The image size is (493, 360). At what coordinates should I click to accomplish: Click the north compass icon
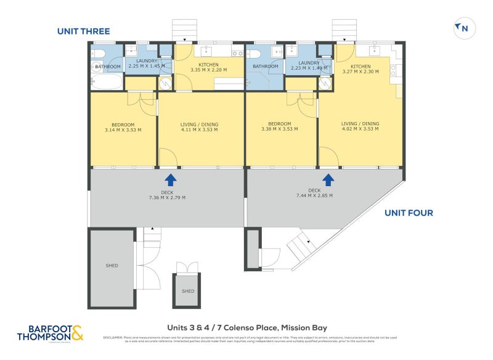(x=462, y=28)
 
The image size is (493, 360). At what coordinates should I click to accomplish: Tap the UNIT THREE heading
(x=83, y=31)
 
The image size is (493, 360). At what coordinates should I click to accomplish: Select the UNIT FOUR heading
(x=409, y=213)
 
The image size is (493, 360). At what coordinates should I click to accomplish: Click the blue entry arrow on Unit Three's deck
(x=170, y=179)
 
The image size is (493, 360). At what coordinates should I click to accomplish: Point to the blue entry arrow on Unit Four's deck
(x=328, y=179)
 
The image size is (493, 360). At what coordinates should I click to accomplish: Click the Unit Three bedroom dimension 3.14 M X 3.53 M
(x=123, y=130)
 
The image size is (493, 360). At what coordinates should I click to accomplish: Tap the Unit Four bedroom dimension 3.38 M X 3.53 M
(x=279, y=129)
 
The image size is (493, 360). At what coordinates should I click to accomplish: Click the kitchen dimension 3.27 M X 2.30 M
(x=361, y=72)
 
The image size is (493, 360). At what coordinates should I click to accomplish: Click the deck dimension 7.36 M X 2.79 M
(x=167, y=198)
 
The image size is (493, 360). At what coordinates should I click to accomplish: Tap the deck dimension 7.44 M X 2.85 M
(x=314, y=195)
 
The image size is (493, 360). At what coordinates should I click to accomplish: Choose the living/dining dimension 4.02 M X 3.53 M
(x=361, y=129)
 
